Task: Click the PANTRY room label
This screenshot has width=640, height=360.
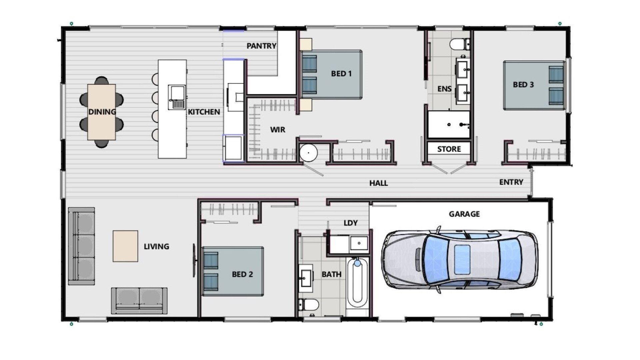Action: (261, 46)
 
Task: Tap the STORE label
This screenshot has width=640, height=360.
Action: (449, 149)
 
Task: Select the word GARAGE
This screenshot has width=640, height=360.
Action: (464, 214)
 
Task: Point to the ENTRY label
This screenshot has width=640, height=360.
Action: (511, 182)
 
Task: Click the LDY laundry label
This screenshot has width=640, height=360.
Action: (351, 223)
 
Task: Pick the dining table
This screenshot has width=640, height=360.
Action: (102, 112)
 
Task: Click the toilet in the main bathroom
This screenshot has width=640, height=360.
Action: (309, 305)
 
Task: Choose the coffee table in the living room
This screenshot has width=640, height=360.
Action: (125, 246)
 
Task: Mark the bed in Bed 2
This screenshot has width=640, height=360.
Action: (233, 271)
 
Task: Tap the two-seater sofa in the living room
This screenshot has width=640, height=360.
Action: (139, 301)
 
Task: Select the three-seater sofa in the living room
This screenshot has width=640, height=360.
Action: (81, 246)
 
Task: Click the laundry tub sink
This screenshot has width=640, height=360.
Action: (359, 243)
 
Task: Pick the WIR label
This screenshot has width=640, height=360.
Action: (278, 130)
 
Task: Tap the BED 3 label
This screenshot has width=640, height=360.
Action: (523, 85)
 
